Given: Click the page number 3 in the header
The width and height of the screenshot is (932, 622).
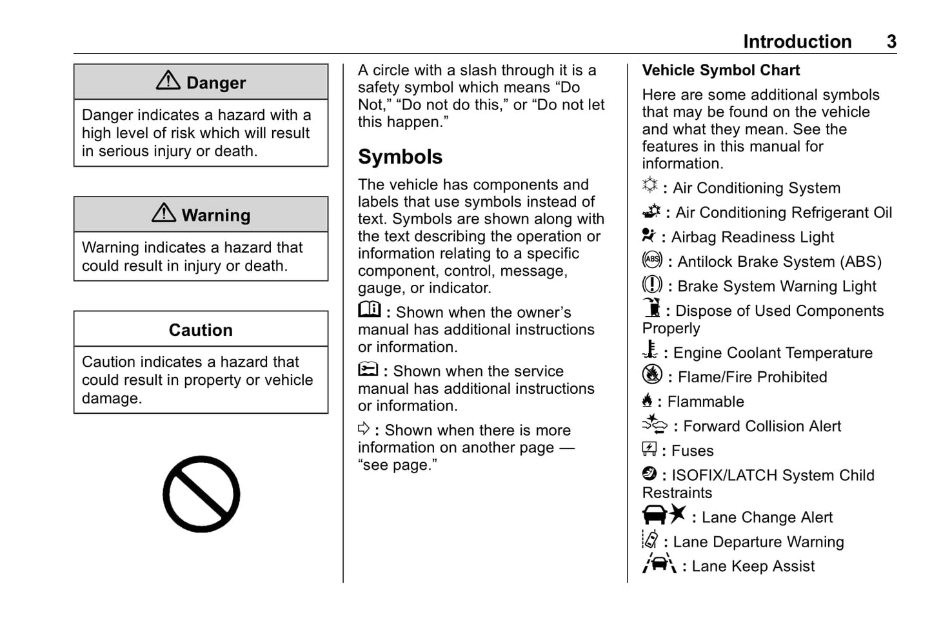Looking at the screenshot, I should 891,42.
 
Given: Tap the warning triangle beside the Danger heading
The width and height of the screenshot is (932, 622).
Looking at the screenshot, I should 168,81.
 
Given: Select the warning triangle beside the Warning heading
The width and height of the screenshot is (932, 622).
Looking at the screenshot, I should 164,213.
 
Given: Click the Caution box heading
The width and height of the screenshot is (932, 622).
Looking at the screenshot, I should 201,330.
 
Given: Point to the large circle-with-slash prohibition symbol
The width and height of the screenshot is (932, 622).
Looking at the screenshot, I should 201,494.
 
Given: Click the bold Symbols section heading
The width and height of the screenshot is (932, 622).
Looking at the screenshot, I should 400,157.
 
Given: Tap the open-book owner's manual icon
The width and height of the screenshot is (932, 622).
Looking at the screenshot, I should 370,310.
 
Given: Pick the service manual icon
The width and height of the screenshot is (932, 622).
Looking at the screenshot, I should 368,369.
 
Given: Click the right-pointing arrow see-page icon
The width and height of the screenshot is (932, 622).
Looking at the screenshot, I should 364,429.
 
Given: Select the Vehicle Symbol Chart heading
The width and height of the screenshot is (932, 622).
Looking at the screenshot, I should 720,70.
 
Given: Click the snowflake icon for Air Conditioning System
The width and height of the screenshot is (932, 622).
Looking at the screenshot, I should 650,186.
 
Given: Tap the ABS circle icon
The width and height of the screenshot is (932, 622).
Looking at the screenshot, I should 652,260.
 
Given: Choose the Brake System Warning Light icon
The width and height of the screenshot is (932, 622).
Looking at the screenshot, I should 652,284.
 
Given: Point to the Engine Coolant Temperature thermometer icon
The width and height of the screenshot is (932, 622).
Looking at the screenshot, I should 650,350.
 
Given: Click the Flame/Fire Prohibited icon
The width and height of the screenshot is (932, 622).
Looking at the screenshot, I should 652,374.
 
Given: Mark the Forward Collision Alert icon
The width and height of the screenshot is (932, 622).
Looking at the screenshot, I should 655,424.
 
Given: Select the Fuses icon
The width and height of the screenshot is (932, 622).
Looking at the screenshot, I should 649,449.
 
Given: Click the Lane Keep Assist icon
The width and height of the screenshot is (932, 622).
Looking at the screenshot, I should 659,564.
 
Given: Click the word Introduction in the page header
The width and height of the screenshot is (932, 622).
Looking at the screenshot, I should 797,42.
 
